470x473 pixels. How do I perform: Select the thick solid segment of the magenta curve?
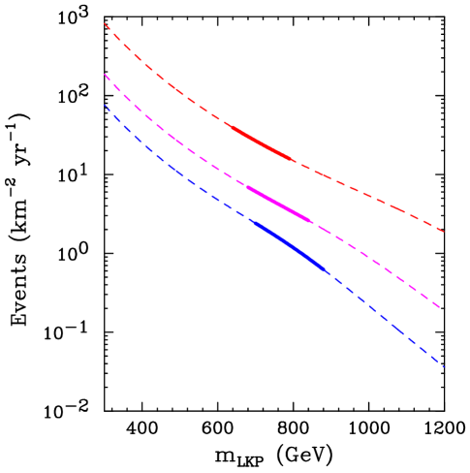pos(279,204)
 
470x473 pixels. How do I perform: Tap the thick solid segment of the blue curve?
pos(289,244)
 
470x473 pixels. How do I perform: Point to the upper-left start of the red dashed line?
pos(105,24)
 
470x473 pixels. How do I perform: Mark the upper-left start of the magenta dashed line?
pos(105,75)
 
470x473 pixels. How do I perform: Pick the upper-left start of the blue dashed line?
pos(105,105)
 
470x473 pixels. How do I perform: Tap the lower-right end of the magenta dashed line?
pos(442,308)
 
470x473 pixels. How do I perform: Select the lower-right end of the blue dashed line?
pos(445,367)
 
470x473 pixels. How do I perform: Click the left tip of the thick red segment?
pos(226,123)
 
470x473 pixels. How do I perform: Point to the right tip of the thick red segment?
pos(294,160)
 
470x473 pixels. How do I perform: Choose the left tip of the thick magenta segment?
pos(247,186)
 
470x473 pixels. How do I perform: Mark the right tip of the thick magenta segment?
pos(312,222)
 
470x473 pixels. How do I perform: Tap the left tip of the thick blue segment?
pos(250,220)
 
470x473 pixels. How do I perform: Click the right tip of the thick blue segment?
pos(328,272)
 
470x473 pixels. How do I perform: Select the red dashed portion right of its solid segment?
pos(368,196)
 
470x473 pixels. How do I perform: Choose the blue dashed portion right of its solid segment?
pos(388,320)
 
